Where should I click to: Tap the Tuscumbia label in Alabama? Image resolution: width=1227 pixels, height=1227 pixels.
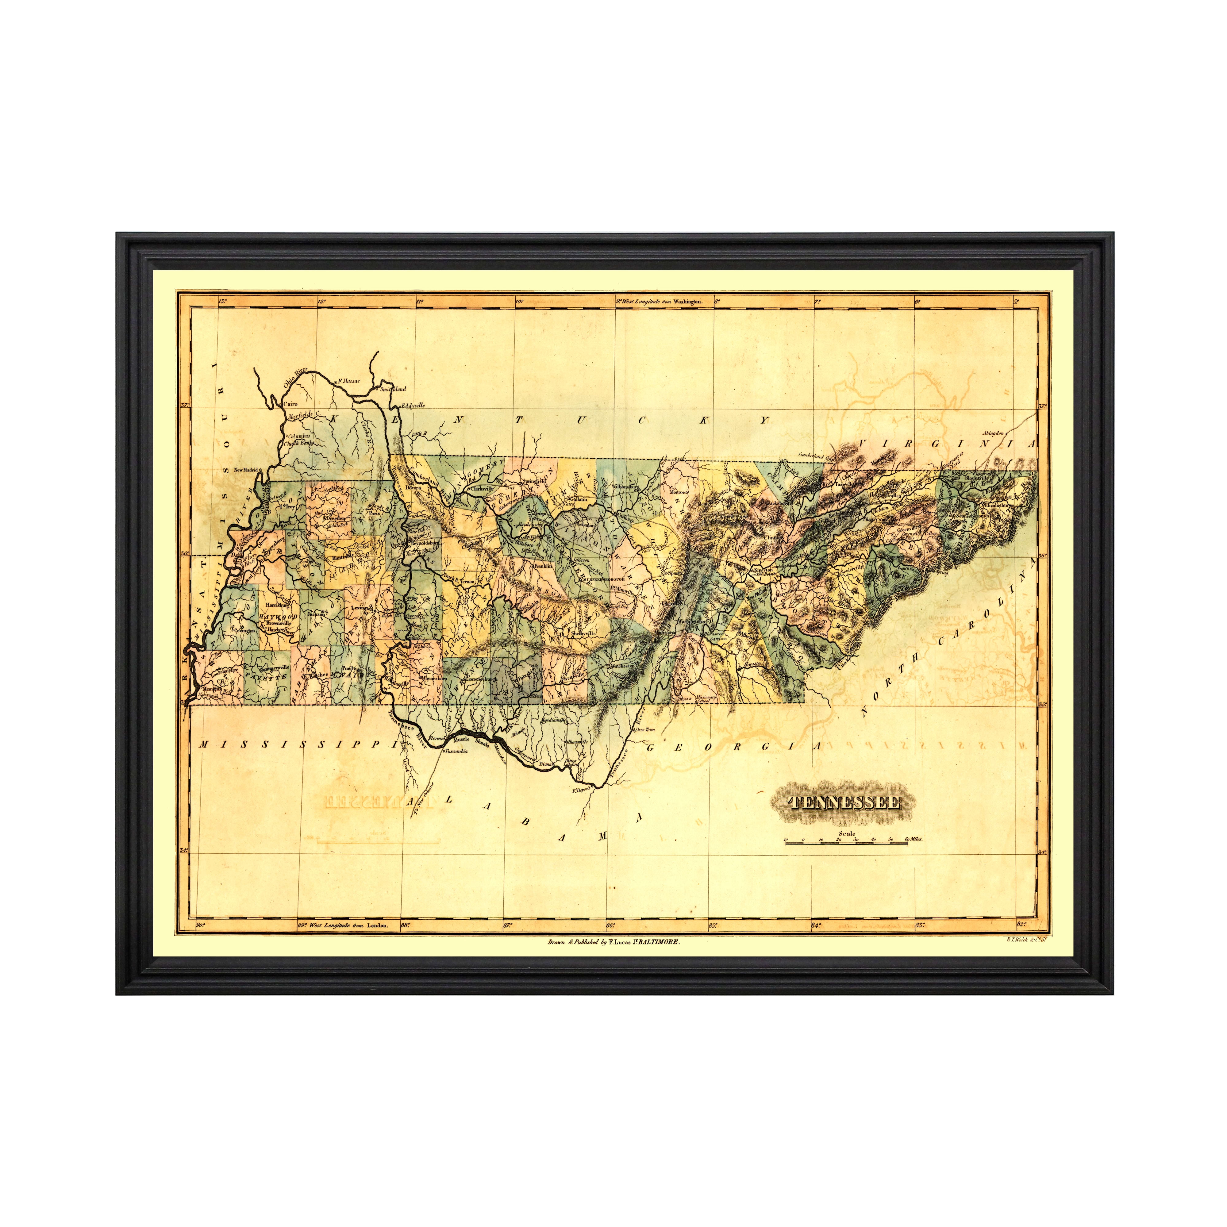(455, 751)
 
